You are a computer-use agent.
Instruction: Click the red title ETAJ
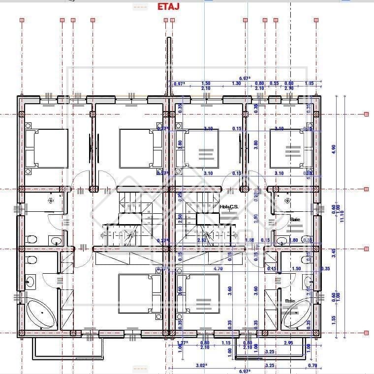(x=168, y=6)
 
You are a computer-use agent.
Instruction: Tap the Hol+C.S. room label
(x=229, y=207)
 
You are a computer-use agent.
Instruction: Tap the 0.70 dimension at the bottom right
(x=312, y=366)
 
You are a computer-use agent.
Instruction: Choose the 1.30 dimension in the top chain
(x=236, y=84)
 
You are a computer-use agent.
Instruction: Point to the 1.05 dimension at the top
(x=309, y=84)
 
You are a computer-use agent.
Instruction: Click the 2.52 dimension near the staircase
(x=201, y=240)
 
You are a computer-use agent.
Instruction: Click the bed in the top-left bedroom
(x=47, y=148)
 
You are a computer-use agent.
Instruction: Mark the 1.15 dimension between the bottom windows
(x=226, y=343)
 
